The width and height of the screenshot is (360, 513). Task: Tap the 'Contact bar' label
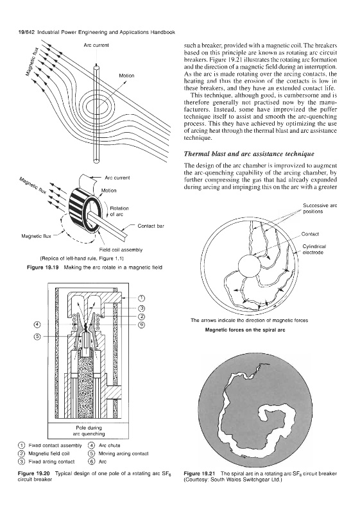point(151,226)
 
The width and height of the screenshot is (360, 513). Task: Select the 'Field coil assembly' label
point(121,250)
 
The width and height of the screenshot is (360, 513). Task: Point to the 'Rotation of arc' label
point(119,211)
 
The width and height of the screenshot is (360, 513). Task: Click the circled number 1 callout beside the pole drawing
point(141,298)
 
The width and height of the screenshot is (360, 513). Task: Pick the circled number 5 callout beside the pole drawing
point(37,337)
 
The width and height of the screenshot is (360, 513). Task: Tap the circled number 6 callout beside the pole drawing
point(141,324)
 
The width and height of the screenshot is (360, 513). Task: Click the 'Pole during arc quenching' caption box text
point(89,431)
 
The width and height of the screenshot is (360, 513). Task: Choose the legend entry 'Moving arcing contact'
point(123,453)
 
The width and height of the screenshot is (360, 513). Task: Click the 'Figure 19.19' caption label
point(42,267)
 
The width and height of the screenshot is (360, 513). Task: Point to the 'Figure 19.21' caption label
point(200,473)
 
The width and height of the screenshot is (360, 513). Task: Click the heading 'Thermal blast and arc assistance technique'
point(249,154)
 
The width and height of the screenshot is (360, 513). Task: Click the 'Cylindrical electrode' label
point(314,249)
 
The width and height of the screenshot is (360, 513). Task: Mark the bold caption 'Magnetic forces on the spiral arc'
point(245,330)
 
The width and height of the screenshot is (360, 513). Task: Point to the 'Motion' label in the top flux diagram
point(126,76)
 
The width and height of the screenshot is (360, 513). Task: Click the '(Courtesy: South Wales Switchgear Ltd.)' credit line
point(233,480)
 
